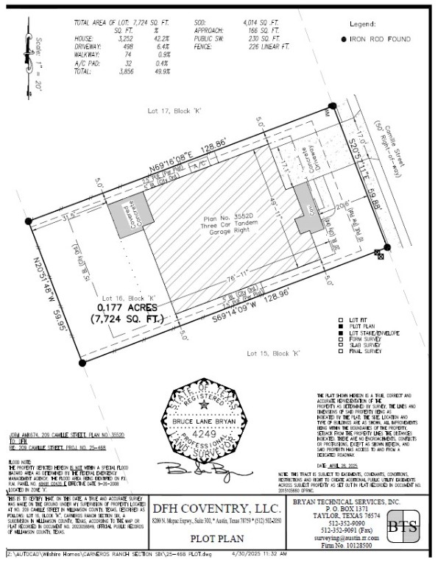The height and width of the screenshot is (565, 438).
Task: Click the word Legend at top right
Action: (x=365, y=24)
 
